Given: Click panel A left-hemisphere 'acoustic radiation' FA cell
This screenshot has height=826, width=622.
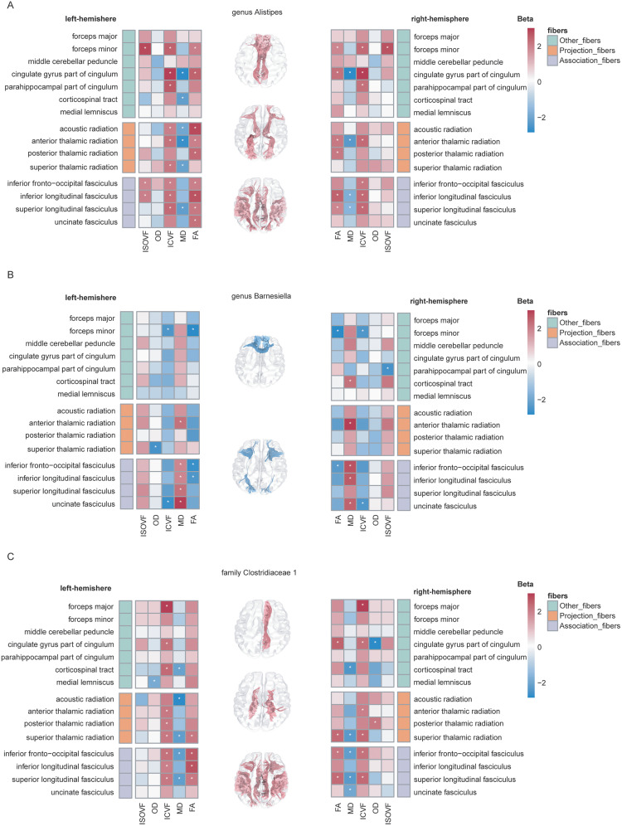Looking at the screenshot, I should pos(195,129).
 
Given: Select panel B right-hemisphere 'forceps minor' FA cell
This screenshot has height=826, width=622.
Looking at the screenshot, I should pos(338,331).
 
